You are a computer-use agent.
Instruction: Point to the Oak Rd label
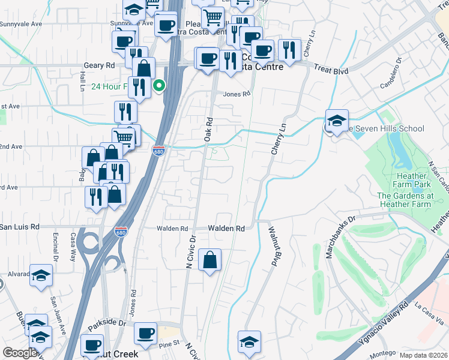coord(209,129)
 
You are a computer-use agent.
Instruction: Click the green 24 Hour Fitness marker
coord(158,86)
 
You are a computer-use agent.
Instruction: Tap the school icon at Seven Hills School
coord(337,120)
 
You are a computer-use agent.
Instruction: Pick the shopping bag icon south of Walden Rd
coord(209,261)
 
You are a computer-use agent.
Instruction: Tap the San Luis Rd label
coord(20,227)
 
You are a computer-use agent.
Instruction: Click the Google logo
coord(20,353)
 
